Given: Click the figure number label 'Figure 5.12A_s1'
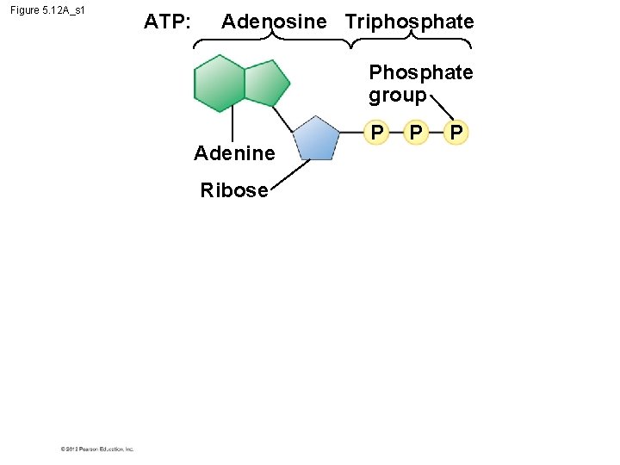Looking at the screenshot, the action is pos(47,11).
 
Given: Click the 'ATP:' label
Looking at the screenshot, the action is pos(167,22).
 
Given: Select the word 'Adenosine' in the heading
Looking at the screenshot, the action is pos(274,22).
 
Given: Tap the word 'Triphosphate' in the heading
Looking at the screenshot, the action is pos(409,22).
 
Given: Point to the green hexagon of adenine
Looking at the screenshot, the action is pos(220,84).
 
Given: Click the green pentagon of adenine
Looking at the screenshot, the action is pos(266,84).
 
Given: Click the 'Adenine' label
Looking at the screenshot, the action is pos(234,153).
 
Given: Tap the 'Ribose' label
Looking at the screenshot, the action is pos(234,190).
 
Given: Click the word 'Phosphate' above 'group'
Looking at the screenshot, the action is pos(420,72).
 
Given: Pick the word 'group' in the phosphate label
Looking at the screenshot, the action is pos(397,94).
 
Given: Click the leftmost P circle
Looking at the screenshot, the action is pos(375,132).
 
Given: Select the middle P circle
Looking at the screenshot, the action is pos(417,132).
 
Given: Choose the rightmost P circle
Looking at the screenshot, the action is pos(457,132).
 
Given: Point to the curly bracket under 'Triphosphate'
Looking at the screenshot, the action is pos(412,40).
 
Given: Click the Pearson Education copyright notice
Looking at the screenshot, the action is pos(97,449).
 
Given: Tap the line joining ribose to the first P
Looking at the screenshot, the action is pos(351,133).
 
